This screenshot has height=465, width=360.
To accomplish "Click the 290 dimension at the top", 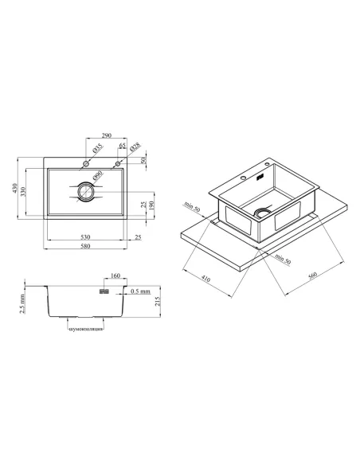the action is [107, 135].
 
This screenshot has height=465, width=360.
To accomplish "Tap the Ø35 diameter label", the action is [97, 147].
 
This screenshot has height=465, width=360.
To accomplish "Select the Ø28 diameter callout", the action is [135, 147].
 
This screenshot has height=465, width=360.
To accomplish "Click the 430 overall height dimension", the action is [15, 189].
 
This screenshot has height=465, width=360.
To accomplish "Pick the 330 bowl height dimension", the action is [23, 192].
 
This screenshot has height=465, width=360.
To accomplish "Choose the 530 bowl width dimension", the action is [85, 237].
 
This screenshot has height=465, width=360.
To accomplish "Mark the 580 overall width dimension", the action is [85, 246].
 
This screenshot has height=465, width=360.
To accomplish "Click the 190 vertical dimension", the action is [151, 205].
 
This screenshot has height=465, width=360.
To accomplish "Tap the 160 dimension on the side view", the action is [115, 275].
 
